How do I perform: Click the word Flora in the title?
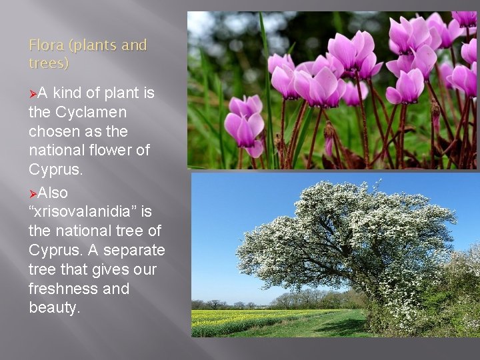[x=45, y=45]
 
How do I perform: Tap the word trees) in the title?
[x=49, y=63]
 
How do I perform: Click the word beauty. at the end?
[x=54, y=308]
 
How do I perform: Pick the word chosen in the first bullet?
[x=53, y=131]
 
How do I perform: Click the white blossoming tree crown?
[x=347, y=233]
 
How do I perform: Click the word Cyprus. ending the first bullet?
[x=56, y=169]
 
